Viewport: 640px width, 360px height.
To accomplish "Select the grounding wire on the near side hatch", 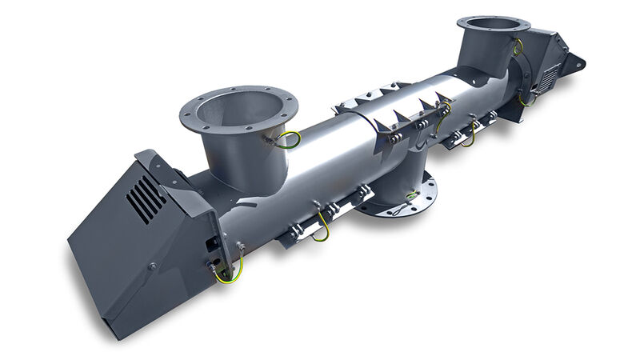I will tap(321, 228).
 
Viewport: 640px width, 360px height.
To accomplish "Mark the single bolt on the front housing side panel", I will tap(151, 266).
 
